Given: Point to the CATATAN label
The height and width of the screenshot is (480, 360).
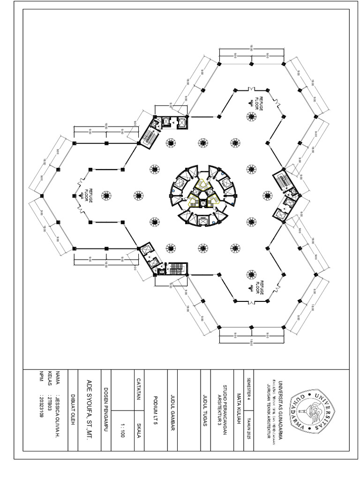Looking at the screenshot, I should pos(139,387).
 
